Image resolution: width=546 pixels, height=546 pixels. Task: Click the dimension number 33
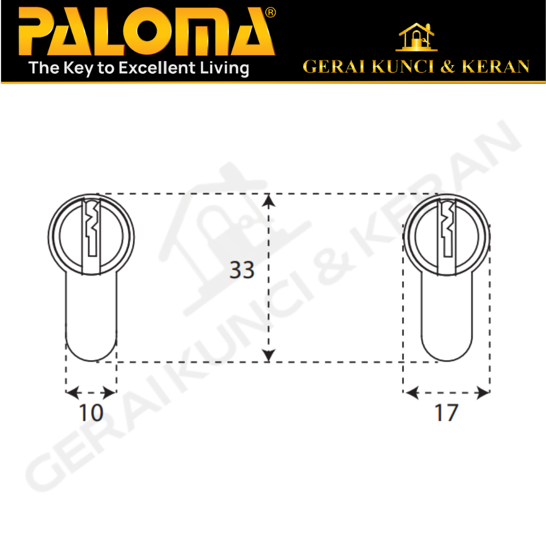[242, 270]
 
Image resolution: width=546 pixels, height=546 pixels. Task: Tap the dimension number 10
[91, 413]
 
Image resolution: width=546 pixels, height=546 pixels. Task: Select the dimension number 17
[446, 413]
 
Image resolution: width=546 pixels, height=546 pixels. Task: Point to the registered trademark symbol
[271, 13]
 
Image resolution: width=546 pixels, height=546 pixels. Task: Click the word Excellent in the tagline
[157, 68]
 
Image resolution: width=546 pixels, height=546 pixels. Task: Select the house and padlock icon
[417, 37]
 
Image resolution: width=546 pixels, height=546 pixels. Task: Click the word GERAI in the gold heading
[334, 67]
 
